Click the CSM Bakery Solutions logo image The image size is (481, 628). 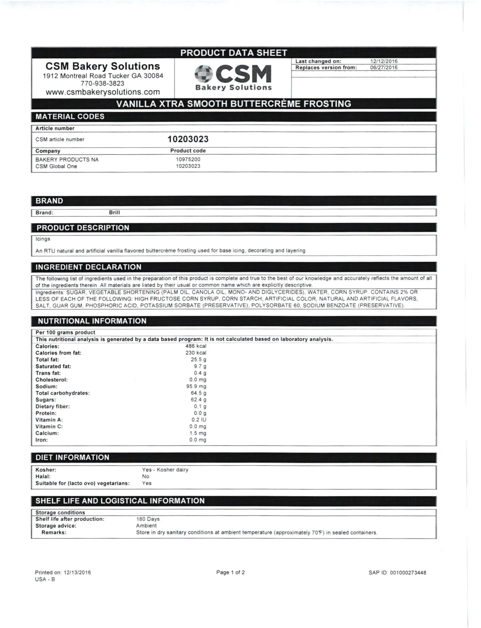(x=233, y=77)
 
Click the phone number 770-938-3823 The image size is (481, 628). (x=103, y=83)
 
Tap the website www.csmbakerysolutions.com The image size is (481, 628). (x=103, y=92)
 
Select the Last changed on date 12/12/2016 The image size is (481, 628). (x=384, y=61)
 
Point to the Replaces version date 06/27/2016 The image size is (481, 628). (x=384, y=68)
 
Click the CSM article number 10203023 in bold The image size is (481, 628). (x=188, y=139)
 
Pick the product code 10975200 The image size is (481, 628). (x=188, y=159)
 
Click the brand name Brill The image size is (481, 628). (x=114, y=212)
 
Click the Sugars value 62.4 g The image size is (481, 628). (x=198, y=400)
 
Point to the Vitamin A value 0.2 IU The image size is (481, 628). (x=199, y=420)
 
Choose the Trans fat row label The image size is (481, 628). (x=48, y=373)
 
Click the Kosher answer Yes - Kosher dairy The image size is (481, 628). (x=165, y=470)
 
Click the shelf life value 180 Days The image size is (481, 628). (x=148, y=519)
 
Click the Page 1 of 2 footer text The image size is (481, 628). (x=230, y=572)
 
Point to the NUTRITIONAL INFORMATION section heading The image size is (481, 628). (x=92, y=321)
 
